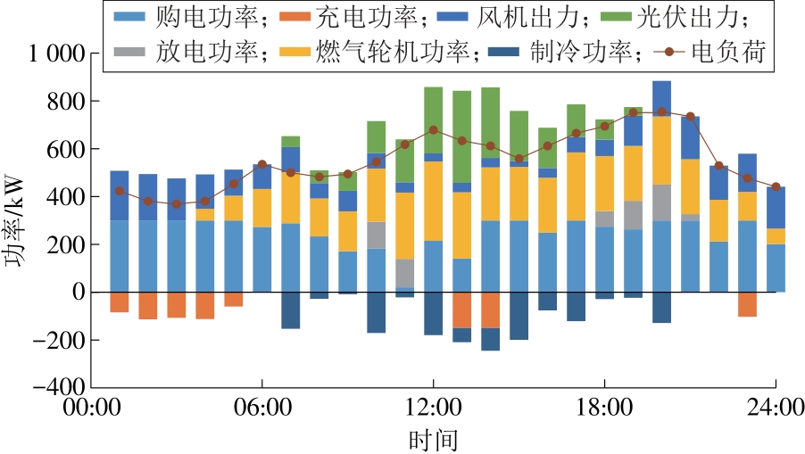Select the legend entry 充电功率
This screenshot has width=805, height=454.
335,17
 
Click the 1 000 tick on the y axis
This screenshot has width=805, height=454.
55,54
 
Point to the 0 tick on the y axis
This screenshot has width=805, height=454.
79,293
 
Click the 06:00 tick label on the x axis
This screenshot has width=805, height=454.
261,410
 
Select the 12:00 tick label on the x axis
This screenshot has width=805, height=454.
433,410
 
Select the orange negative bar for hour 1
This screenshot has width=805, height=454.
120,301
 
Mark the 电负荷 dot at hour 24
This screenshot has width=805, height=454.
776,186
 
